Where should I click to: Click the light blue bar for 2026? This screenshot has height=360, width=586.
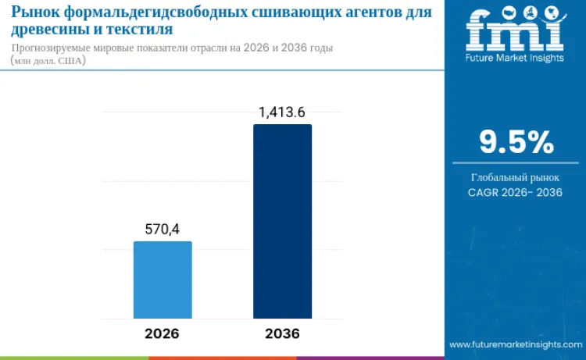163,280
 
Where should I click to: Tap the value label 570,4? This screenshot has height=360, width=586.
163,229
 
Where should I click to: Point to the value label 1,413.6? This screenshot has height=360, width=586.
282,112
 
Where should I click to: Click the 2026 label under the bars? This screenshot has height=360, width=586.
162,333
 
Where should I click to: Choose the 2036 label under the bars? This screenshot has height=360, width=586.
282,333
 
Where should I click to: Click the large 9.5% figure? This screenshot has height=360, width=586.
516,142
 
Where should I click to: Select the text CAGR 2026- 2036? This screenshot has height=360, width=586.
516,192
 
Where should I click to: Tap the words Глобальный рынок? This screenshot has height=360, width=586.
516,177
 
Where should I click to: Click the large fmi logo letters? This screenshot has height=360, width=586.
515,30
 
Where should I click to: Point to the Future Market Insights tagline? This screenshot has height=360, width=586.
515,58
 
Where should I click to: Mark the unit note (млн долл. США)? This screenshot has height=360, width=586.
48,61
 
